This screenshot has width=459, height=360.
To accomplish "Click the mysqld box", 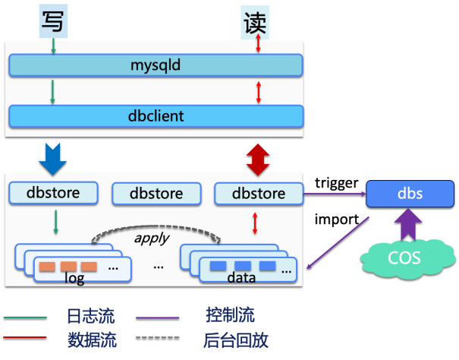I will [x=156, y=65].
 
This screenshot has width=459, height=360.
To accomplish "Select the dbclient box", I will [x=156, y=116].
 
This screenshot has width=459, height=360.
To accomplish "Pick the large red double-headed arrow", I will [x=258, y=158].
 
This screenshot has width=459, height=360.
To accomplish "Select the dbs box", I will [x=405, y=194].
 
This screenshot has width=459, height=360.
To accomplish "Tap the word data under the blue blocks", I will [x=241, y=279].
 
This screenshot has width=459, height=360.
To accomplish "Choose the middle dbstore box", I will [x=156, y=194].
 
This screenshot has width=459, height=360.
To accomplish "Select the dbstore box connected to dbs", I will [x=259, y=194].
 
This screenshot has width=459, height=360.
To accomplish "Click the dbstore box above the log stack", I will [x=55, y=193].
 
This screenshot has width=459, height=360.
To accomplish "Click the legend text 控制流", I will [x=230, y=315].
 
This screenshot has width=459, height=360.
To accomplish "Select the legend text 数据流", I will [x=91, y=339].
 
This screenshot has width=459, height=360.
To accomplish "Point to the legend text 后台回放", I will [x=236, y=339].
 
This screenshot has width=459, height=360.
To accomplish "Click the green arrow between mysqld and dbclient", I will [x=52, y=91].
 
